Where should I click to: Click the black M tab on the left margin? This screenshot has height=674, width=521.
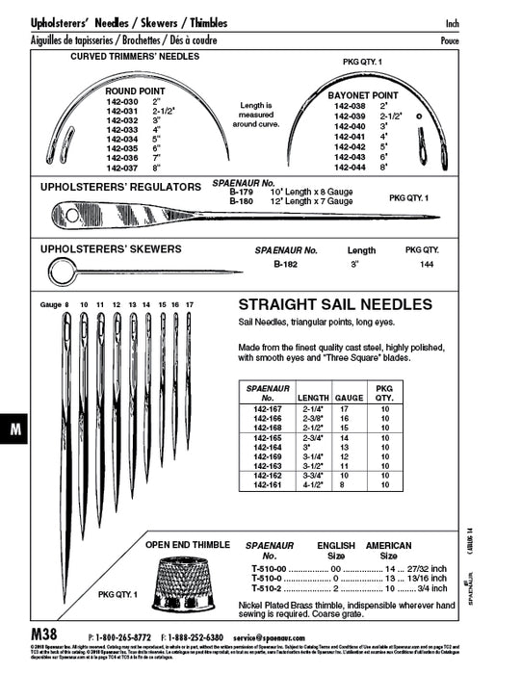15,431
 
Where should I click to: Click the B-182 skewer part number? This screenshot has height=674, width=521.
283,262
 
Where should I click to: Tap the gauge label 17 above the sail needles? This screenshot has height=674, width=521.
189,303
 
